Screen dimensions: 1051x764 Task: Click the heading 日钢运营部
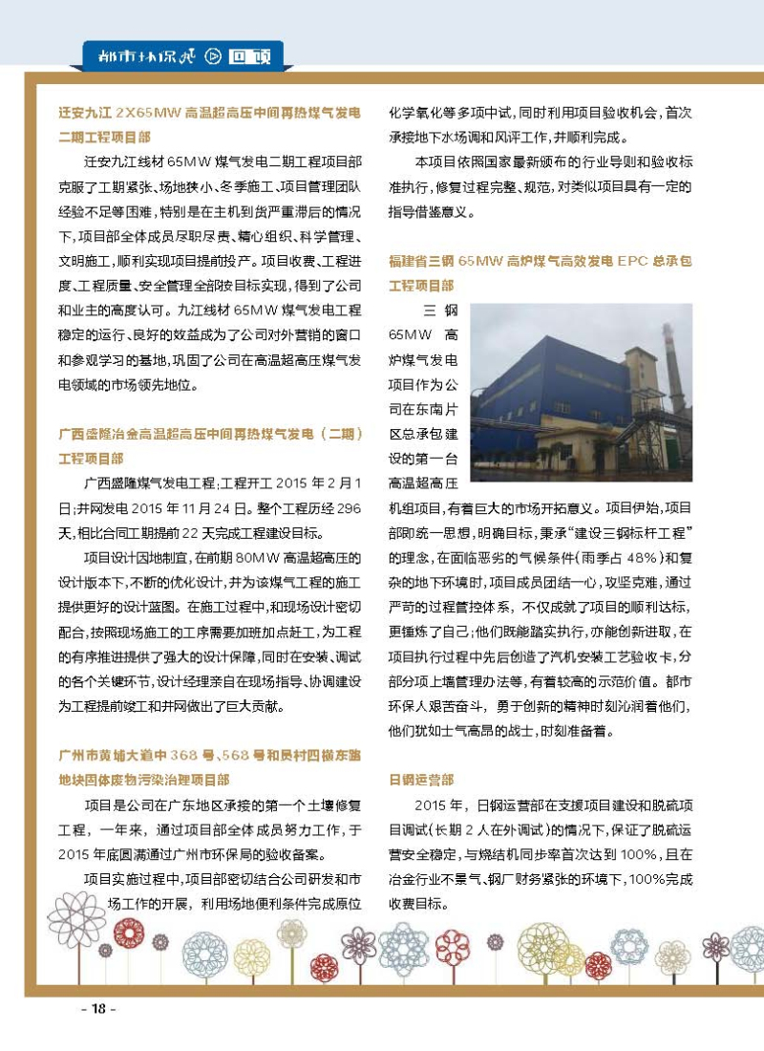click(x=420, y=780)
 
